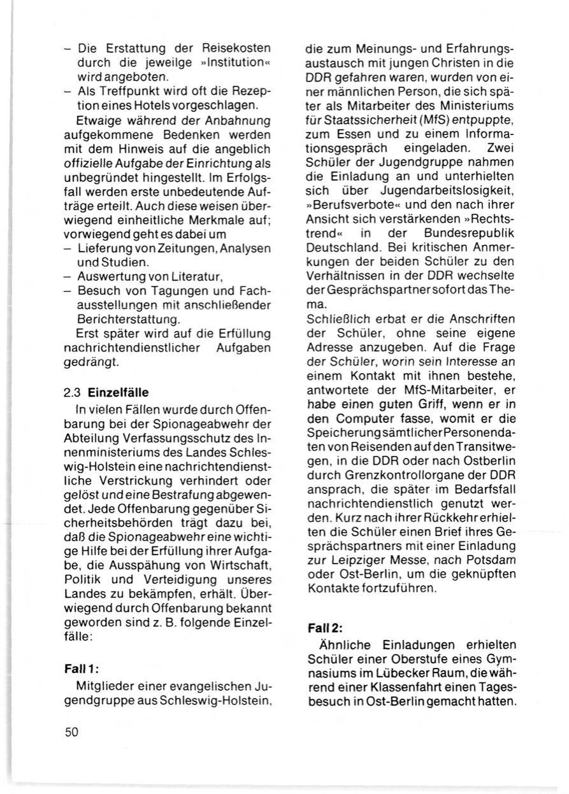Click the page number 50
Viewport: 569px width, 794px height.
pos(71,732)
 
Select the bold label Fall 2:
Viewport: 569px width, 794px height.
pos(326,627)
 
